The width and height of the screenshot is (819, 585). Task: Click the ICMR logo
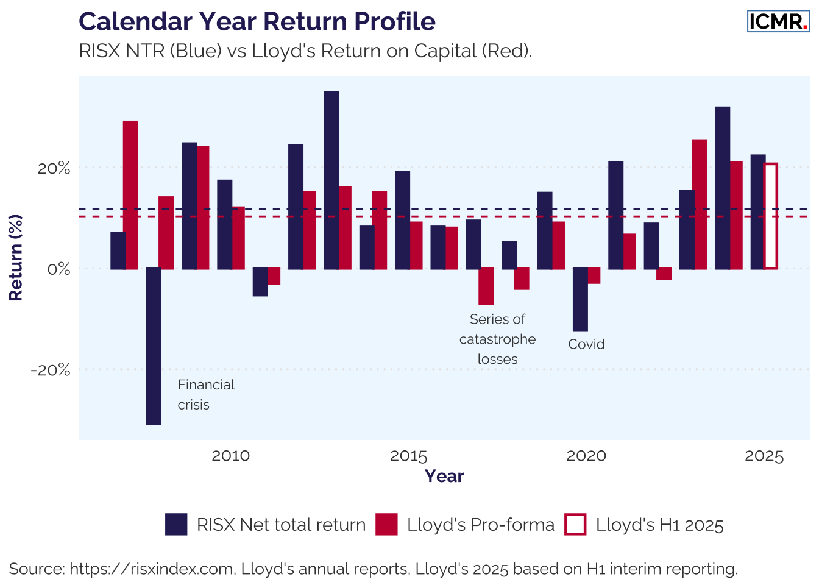tap(778, 21)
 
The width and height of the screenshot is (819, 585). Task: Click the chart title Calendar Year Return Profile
tap(257, 21)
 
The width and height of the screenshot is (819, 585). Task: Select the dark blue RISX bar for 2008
tap(154, 346)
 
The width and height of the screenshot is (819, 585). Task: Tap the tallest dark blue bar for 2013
tap(331, 180)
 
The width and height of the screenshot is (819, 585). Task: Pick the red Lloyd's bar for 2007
tap(130, 194)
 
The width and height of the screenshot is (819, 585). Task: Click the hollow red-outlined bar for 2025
tap(770, 216)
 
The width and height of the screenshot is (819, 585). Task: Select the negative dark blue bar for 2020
tap(580, 299)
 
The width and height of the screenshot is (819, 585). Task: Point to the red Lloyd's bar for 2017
tap(486, 286)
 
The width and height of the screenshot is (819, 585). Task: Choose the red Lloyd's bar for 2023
tap(700, 204)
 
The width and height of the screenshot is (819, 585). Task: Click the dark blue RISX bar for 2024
tap(723, 188)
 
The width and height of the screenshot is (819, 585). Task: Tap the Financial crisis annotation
tap(205, 394)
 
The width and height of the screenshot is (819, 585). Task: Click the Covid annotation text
tap(586, 344)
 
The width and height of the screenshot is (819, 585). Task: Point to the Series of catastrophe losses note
tap(497, 339)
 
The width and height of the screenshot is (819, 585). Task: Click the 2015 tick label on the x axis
tap(408, 456)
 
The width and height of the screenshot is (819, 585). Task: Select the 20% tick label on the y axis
tap(54, 168)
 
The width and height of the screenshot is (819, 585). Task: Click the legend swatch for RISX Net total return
tap(176, 525)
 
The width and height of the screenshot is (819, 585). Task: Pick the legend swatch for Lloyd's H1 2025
tap(575, 525)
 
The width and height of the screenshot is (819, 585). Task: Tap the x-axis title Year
tap(444, 476)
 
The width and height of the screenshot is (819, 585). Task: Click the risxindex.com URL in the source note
tap(152, 569)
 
